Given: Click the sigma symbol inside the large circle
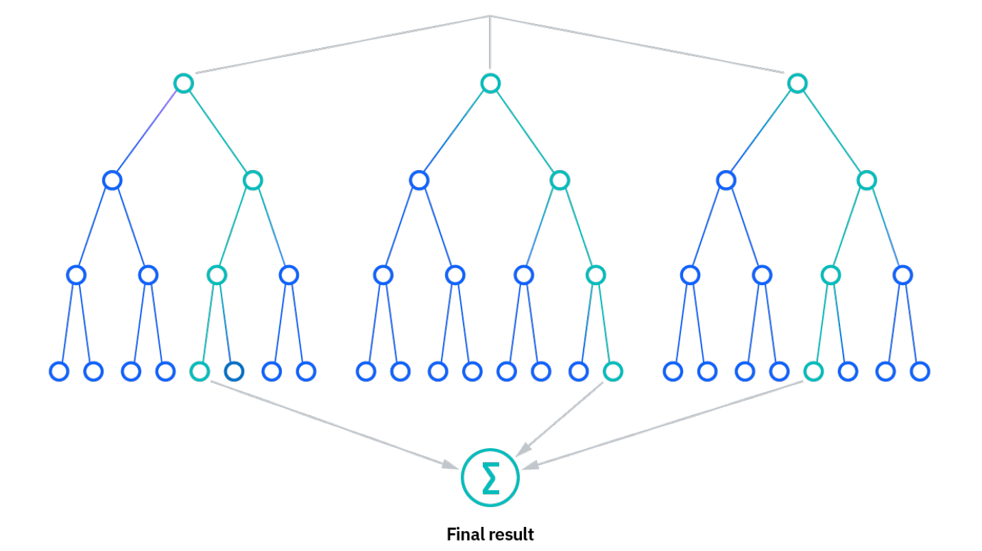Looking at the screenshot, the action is [x=490, y=478].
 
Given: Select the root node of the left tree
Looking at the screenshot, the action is [x=184, y=83].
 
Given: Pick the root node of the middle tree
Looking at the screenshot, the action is [x=490, y=83].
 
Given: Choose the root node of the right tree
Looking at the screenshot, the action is [x=798, y=83].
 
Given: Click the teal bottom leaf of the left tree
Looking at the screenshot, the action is [x=200, y=371].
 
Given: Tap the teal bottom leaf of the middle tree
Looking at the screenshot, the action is [x=613, y=371].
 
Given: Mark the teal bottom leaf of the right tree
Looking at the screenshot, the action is [x=814, y=371].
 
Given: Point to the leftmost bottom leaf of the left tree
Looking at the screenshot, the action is [x=59, y=371].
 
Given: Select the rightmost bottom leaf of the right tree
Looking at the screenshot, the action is [x=920, y=371].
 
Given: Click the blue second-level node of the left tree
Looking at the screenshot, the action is [x=112, y=180].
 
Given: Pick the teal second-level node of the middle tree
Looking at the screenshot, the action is [x=560, y=180].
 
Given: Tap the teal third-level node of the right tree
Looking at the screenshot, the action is [x=830, y=275].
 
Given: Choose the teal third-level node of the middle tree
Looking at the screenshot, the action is [x=596, y=275].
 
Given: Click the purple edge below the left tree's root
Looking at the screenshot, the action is [x=147, y=132].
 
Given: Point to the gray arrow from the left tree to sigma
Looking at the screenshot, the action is [x=334, y=425].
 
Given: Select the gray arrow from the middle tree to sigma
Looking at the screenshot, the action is [x=560, y=419].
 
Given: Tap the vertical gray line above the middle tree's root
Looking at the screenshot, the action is [x=490, y=42].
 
